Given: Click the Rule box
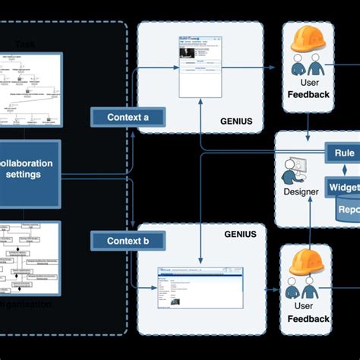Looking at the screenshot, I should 343,152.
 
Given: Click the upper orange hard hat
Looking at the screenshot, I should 308,39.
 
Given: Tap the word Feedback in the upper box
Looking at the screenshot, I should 308,95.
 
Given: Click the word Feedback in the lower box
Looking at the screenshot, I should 308,319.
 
